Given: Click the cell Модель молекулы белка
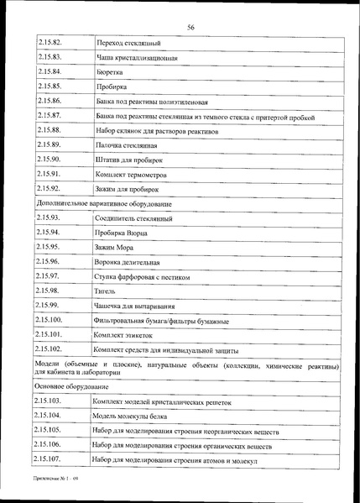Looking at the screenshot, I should click(134, 416).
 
